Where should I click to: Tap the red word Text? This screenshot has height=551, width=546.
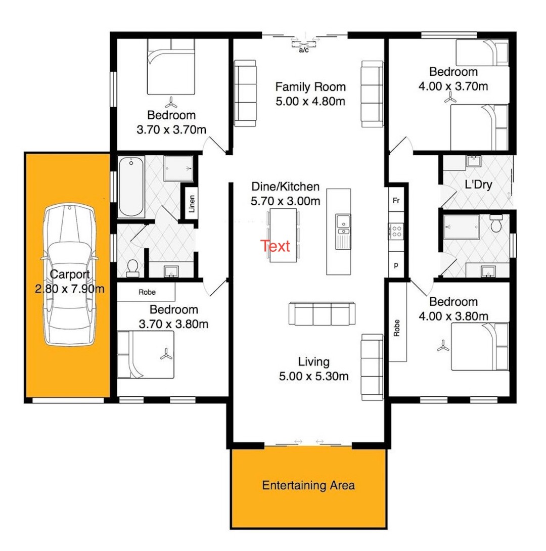pos(275,246)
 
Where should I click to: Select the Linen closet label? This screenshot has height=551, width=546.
pos(192,204)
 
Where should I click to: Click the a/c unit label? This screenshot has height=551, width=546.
pos(304,50)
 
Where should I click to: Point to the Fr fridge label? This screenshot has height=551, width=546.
pos(396,201)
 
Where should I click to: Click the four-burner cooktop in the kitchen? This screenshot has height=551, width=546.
pos(396,232)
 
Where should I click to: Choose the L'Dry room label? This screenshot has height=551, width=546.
pos(478,185)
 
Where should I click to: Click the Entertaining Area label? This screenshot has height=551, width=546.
pos(308,486)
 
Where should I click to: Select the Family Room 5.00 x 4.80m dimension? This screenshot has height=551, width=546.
pos(310,102)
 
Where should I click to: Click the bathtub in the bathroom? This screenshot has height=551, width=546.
pos(131,187)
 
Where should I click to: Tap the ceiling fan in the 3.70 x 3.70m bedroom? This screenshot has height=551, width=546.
pos(171,103)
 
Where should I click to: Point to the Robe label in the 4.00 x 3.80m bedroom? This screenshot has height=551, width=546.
pos(397,328)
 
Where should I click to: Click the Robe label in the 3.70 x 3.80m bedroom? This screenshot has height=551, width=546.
pos(147,292)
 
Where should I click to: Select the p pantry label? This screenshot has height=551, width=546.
pos(396,265)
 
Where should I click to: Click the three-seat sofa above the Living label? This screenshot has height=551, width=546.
pos(322,313)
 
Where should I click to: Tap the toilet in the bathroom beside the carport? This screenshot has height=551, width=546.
pos(132,268)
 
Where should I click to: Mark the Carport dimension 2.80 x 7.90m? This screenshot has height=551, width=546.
pos(70,289)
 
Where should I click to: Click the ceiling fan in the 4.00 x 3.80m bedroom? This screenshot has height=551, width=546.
pos(443,346)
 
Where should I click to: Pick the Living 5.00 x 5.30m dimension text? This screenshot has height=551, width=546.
pos(314,377)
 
